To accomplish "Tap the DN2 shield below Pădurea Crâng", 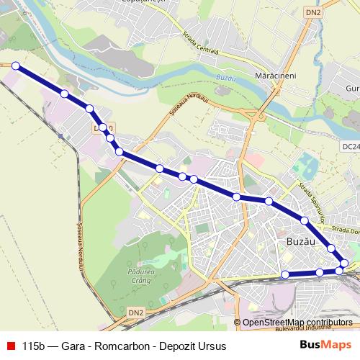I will pos(135,312).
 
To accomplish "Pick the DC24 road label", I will pos(351,146).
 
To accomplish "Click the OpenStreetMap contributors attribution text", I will pos(297,323).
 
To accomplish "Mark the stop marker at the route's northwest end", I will pos(15,66).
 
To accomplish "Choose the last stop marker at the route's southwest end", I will pos(285,274).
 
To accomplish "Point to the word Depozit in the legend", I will pos(178,346).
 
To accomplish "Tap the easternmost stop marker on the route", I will pos(345,264).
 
